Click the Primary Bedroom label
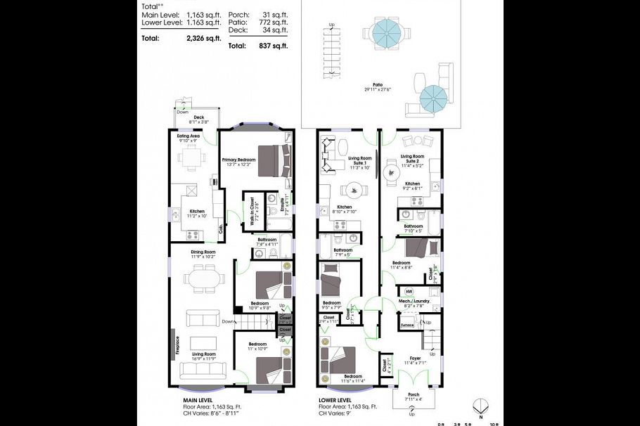pyautogui.click(x=237, y=160)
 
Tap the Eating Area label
pyautogui.click(x=188, y=135)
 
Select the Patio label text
pyautogui.click(x=378, y=84)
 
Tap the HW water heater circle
pyautogui.click(x=409, y=291)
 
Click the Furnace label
pyautogui.click(x=407, y=325)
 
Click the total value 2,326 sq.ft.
pyautogui.click(x=203, y=38)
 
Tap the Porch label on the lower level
pyautogui.click(x=413, y=396)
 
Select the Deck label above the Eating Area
pyautogui.click(x=189, y=117)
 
